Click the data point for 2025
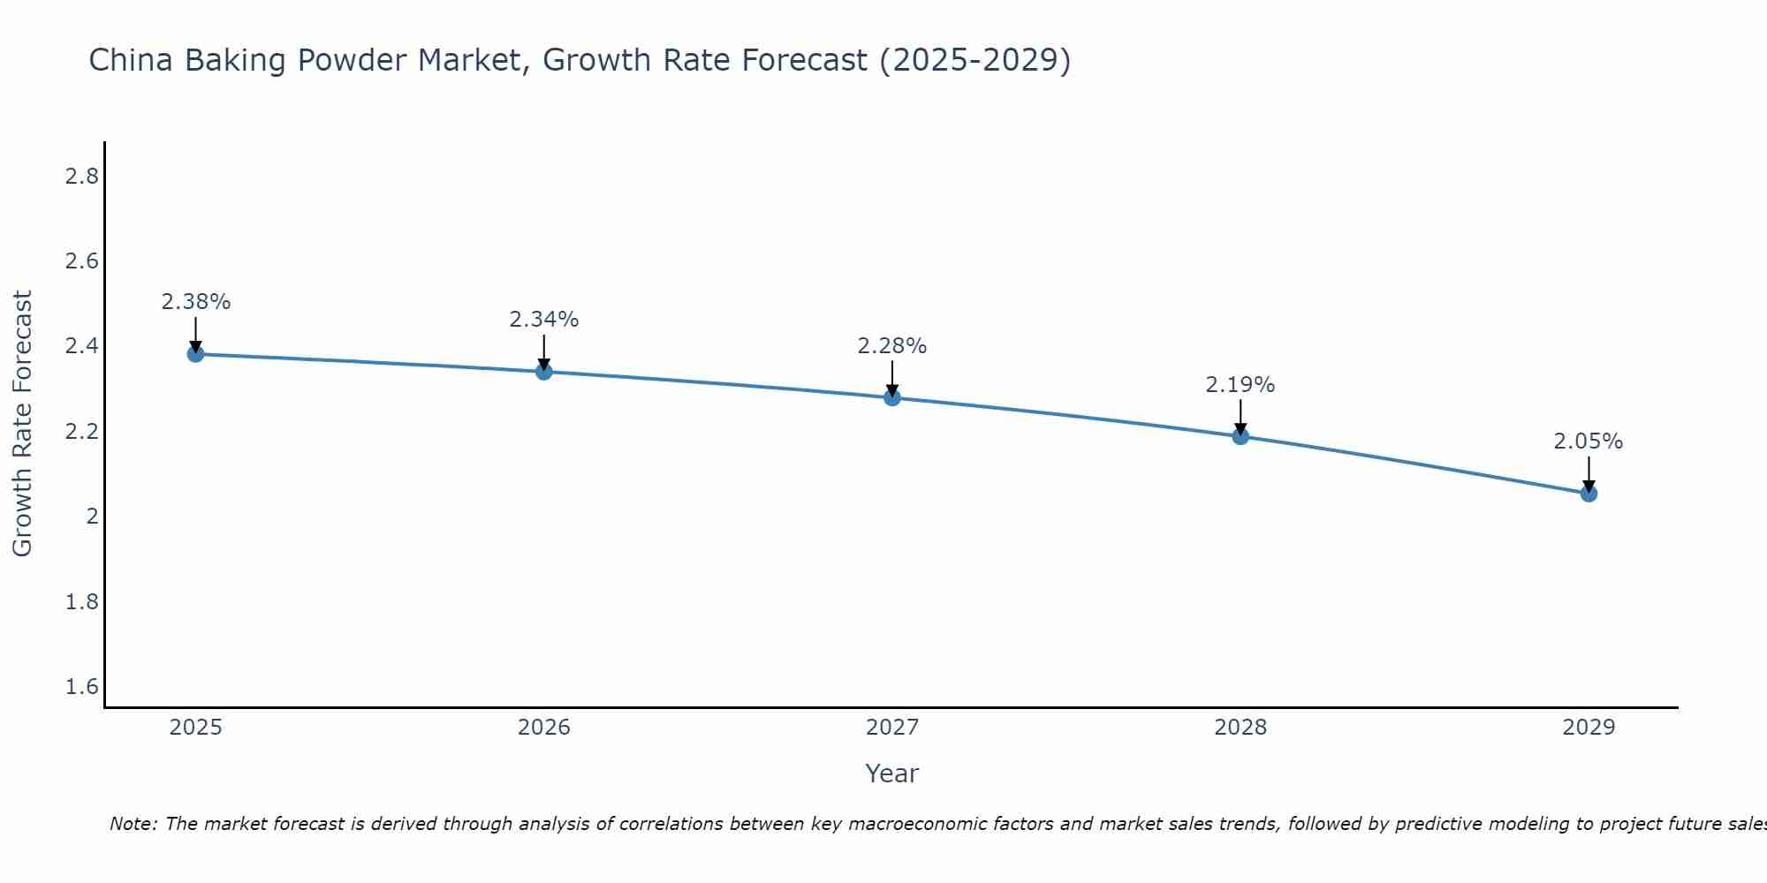195,354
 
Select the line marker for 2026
544,372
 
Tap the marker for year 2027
892,397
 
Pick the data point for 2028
1240,436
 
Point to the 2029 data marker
1589,494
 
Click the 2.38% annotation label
195,302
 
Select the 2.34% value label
544,320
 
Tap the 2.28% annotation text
892,346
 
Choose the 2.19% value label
1240,385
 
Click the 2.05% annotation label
1589,441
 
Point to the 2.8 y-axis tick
81,177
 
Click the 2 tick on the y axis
92,517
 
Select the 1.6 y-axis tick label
81,687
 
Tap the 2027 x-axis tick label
892,728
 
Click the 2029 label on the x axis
1589,728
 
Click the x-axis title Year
892,774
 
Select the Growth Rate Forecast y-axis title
22,424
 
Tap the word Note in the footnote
133,824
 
